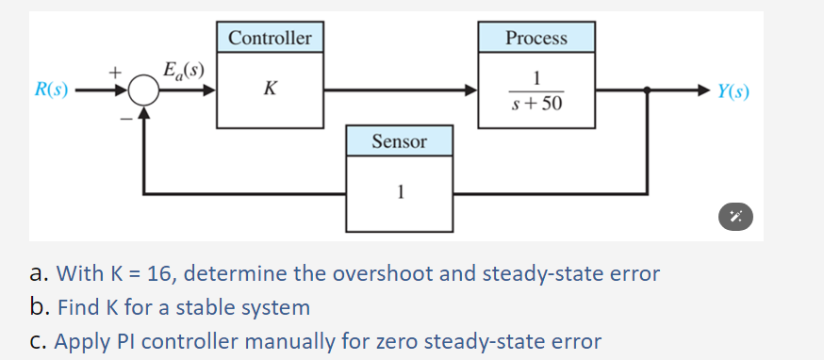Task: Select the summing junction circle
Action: (143, 91)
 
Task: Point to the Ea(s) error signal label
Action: (185, 70)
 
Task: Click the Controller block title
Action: (270, 38)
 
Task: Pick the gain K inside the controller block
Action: (271, 90)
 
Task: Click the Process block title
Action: (536, 38)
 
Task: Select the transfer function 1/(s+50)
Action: (537, 90)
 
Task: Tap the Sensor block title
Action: (399, 141)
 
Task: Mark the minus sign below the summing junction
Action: (122, 117)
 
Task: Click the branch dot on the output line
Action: (646, 91)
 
